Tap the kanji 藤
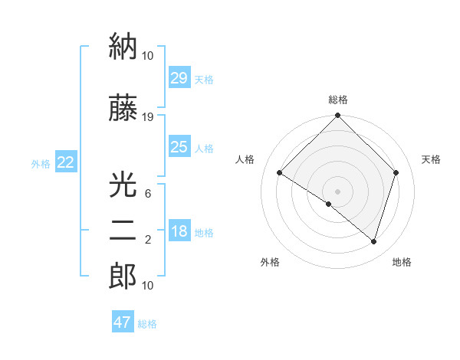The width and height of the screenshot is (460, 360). pos(123,110)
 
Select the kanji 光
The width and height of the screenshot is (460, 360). pos(123,185)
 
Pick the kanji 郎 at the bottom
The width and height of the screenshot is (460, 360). pos(123,277)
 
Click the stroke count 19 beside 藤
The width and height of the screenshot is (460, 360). pos(148,117)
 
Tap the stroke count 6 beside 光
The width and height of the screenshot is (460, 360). pos(148,194)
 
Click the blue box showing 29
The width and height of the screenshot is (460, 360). pos(179,78)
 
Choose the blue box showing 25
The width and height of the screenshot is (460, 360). pos(179,147)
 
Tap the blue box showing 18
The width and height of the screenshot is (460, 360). pos(179,232)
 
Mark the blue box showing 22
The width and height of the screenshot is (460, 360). pos(65,162)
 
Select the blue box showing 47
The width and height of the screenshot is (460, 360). pos(123,322)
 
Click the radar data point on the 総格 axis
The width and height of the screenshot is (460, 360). pos(337,116)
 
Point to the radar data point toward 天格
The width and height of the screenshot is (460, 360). pos(396,172)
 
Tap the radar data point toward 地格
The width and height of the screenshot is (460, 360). pos(374,241)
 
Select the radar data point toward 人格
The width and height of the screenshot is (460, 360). pos(280,173)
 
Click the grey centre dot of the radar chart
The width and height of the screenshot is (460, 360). pos(337,191)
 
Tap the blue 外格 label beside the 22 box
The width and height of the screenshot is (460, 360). pos(41,163)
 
